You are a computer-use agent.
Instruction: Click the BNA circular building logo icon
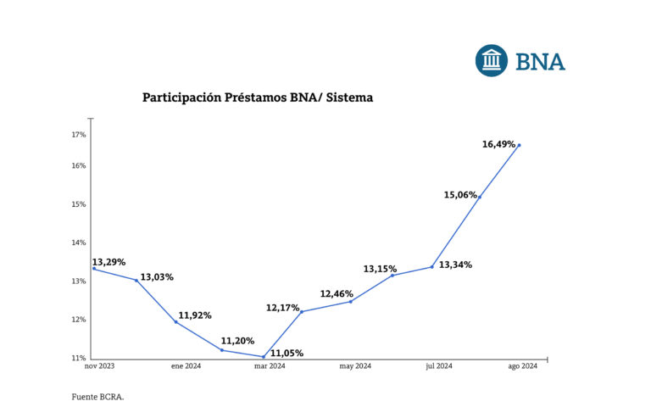492,61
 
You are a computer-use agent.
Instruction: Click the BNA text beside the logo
540,62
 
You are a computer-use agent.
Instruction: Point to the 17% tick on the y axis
78,135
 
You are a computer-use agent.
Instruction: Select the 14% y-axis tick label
78,242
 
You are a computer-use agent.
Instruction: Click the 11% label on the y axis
78,358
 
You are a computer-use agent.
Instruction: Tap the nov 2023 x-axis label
99,366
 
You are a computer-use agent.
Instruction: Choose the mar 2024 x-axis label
270,366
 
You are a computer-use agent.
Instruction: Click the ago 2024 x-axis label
522,366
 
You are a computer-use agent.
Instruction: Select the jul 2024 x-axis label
438,366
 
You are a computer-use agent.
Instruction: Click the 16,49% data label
498,144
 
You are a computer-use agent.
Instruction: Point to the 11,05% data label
287,353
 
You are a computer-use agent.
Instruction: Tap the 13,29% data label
108,262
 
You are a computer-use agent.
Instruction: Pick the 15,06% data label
460,195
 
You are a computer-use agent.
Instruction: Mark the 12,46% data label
337,294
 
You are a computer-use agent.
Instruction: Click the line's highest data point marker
519,145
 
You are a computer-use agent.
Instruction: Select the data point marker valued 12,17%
302,311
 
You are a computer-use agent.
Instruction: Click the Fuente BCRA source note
97,396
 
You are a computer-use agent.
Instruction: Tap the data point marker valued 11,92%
175,321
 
